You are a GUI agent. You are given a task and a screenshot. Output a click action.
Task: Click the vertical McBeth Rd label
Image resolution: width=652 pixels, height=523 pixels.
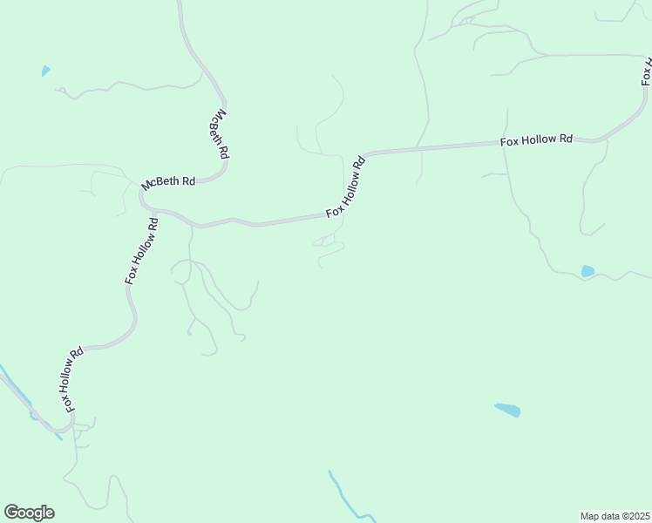[219, 133]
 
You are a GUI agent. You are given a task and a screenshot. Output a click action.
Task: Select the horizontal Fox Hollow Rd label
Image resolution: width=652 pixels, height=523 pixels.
[536, 139]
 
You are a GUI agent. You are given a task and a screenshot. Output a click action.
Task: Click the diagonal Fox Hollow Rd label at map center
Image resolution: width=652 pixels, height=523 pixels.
[346, 187]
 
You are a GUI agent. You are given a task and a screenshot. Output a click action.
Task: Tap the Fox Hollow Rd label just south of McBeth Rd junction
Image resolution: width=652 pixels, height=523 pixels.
[141, 249]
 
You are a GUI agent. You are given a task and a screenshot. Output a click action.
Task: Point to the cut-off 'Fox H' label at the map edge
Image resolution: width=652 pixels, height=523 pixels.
[646, 70]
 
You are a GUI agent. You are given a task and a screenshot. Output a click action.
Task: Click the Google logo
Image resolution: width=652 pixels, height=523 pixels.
[29, 513]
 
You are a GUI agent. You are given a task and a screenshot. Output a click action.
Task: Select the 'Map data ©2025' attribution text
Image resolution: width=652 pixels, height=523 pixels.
[615, 516]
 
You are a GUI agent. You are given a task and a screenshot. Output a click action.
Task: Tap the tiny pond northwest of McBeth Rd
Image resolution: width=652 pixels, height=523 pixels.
[45, 71]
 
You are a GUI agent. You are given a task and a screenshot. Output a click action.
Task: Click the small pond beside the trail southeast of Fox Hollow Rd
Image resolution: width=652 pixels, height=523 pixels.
[587, 271]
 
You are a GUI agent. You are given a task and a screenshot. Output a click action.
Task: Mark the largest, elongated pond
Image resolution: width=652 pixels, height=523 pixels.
[507, 409]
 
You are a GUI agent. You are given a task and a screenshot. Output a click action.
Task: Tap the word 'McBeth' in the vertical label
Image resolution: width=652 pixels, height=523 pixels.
[216, 124]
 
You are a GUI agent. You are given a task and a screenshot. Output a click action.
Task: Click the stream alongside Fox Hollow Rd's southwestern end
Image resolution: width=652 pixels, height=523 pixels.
[17, 388]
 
